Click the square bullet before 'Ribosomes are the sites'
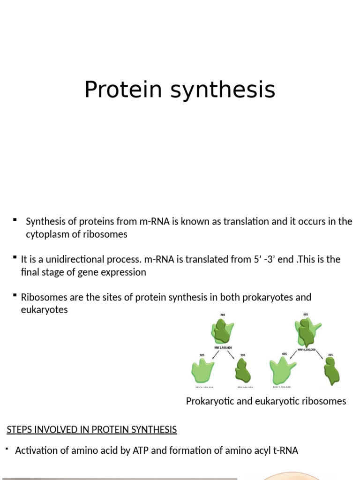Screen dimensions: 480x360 pos(15,295)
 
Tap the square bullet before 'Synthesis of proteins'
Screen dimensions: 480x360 pos(15,219)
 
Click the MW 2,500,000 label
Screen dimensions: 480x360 pos(223,348)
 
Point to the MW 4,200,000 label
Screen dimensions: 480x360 pos(307,349)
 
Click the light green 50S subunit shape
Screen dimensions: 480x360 pos(202,371)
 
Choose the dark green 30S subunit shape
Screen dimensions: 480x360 pos(243,371)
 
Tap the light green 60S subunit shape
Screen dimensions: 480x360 pos(282,371)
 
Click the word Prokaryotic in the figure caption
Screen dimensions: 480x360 pos(209,401)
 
